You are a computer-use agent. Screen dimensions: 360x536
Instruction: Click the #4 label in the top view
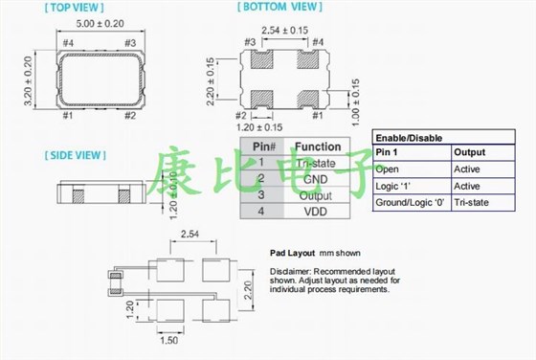(x=68, y=42)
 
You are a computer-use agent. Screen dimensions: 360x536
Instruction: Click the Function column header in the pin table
(x=318, y=146)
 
